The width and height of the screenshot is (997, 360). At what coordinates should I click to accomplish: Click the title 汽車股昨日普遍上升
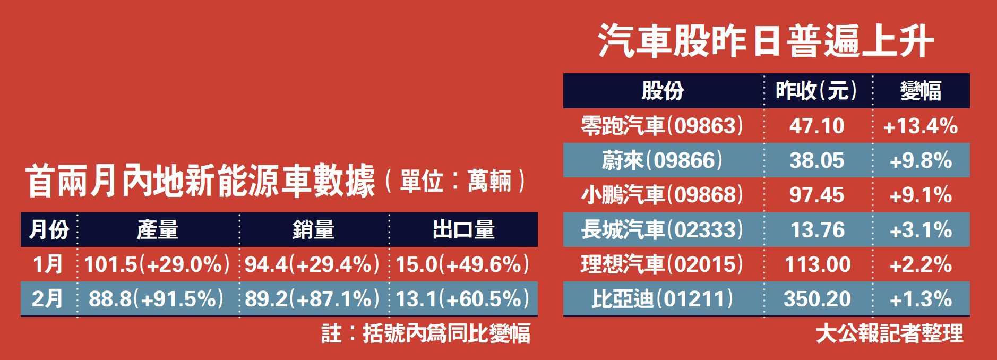(x=766, y=40)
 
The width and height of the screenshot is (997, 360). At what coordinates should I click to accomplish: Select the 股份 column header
(x=663, y=91)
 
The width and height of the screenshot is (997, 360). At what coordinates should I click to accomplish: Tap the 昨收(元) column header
(x=816, y=91)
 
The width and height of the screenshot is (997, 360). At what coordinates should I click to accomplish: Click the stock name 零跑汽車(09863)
(x=662, y=126)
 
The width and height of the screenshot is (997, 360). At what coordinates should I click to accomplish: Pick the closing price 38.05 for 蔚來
(x=816, y=160)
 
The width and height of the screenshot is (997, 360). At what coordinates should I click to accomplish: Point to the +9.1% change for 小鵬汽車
(x=921, y=195)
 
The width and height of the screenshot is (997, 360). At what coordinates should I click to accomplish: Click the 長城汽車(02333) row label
(x=662, y=230)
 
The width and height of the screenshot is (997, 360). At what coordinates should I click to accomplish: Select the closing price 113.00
(x=817, y=264)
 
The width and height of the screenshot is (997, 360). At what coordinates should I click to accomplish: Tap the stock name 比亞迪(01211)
(x=662, y=299)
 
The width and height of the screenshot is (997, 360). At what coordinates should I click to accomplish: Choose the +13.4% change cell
(x=921, y=126)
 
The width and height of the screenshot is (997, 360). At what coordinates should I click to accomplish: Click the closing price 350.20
(x=817, y=299)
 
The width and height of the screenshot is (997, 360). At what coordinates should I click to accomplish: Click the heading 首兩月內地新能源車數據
(x=201, y=182)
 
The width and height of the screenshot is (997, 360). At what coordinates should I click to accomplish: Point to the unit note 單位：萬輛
(x=455, y=182)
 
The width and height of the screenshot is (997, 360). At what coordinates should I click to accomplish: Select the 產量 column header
(x=158, y=230)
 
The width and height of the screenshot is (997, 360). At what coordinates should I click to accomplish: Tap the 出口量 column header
(x=463, y=230)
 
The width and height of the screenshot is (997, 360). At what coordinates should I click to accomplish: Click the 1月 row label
(x=48, y=264)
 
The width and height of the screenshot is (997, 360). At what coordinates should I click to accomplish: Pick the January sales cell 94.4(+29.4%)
(x=313, y=264)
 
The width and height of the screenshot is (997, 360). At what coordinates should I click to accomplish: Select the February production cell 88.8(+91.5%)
(x=157, y=299)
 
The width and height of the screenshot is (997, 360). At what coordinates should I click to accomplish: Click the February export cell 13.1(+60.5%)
(x=462, y=299)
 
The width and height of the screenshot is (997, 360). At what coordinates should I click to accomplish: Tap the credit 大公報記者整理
(x=889, y=333)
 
